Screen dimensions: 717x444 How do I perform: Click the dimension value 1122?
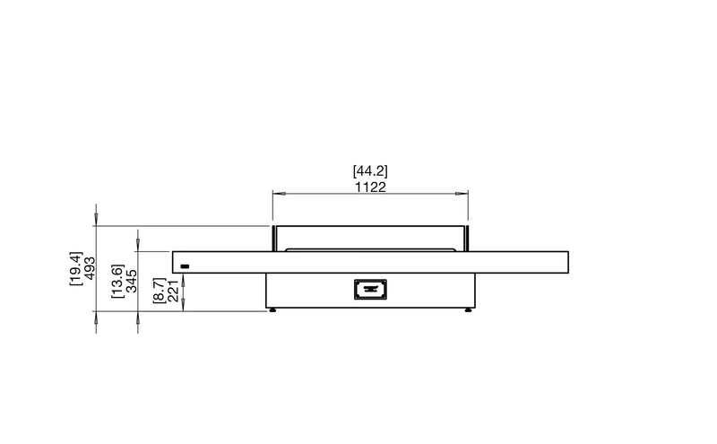click(370, 187)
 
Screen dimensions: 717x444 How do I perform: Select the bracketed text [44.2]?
click(370, 171)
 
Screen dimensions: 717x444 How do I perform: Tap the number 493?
click(91, 268)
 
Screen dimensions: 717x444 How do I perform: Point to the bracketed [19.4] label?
click(75, 268)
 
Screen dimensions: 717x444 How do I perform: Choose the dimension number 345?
click(132, 281)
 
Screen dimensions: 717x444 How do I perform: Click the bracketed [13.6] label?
click(117, 281)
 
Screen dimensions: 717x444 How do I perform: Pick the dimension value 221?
click(173, 292)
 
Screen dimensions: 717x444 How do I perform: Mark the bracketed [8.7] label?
click(159, 291)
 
